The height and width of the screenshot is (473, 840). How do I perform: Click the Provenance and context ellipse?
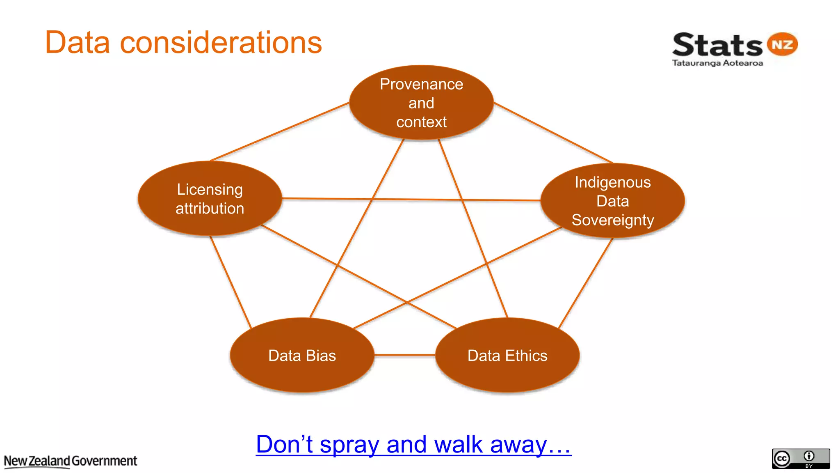point(421,103)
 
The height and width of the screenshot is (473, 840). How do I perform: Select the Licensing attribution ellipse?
point(210,199)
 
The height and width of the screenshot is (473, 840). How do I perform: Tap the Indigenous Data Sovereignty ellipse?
point(612,201)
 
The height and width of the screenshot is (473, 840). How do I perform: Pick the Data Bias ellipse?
point(302,356)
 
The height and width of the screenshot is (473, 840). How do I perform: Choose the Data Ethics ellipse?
point(507,356)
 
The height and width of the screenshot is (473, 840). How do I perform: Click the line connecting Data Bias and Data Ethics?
point(404,355)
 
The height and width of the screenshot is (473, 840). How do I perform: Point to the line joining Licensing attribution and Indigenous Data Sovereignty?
point(410,200)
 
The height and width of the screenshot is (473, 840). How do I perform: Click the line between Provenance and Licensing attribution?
point(279,131)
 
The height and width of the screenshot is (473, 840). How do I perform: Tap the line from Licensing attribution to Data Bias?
point(231,282)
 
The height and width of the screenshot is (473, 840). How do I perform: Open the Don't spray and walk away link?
point(413,445)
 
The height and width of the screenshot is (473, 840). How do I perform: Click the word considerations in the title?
point(221,43)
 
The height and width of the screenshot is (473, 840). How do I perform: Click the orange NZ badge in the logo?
point(782,44)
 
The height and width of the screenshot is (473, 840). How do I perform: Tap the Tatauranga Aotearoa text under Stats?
point(717,63)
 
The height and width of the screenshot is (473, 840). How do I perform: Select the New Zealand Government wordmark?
point(71,461)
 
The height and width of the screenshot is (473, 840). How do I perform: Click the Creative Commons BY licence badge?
point(801,459)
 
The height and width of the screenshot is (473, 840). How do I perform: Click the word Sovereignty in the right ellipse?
point(612,220)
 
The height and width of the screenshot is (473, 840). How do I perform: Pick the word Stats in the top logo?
point(717,45)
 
